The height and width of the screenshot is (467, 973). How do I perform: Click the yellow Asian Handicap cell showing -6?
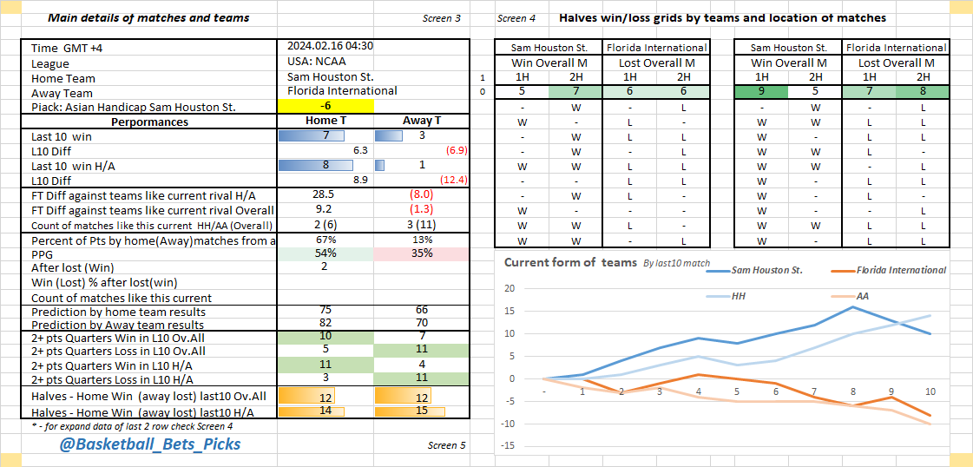[x=325, y=106]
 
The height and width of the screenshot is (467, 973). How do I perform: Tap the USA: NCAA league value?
[x=319, y=62]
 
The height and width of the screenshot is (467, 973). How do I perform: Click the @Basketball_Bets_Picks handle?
[x=150, y=444]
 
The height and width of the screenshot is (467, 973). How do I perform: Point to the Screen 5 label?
[x=446, y=445]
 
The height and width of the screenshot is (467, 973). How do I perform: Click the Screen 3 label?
[x=442, y=18]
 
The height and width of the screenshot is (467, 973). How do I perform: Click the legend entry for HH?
[x=739, y=296]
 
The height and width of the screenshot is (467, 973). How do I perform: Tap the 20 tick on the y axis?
[x=510, y=289]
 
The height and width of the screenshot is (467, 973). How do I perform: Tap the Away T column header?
[x=421, y=122]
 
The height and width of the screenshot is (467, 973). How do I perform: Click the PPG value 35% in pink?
[x=421, y=253]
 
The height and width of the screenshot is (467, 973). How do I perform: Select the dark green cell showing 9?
[x=761, y=91]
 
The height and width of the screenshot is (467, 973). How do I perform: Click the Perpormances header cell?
[x=149, y=122]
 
